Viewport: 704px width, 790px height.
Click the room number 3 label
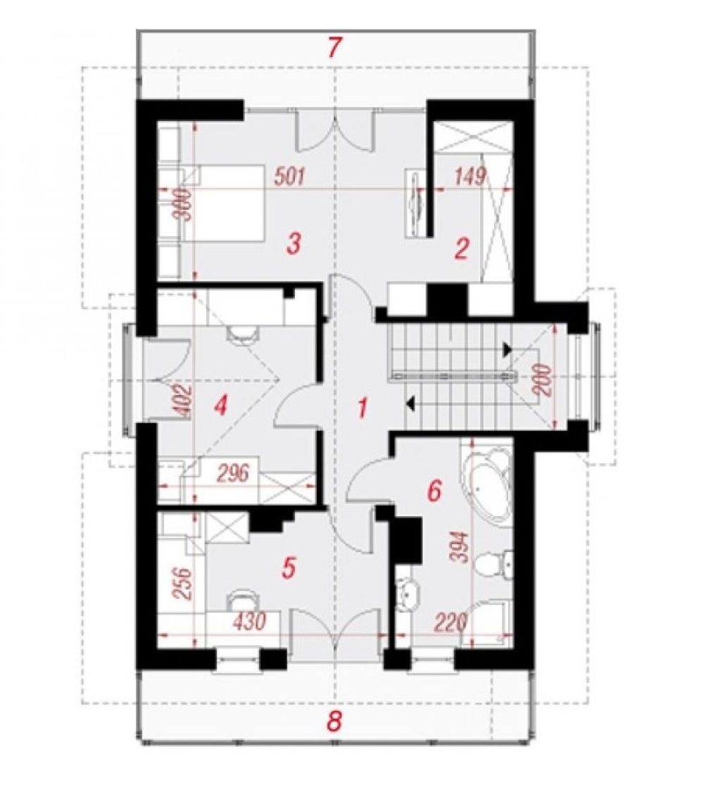(x=294, y=243)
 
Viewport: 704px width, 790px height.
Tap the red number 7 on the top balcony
(x=335, y=48)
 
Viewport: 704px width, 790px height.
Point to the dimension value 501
(x=289, y=177)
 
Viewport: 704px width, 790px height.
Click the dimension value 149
(x=470, y=176)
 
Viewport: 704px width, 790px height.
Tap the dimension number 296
(x=233, y=473)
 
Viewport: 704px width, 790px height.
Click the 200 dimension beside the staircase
(x=544, y=381)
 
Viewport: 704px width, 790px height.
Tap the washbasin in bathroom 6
(x=407, y=593)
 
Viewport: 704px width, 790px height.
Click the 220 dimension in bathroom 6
(x=451, y=622)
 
